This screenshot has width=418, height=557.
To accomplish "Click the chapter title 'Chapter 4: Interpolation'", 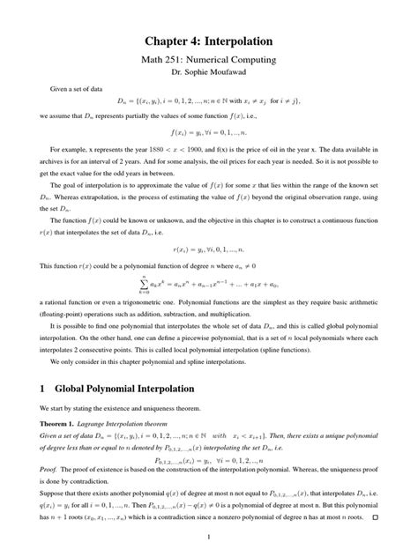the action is [208, 41].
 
